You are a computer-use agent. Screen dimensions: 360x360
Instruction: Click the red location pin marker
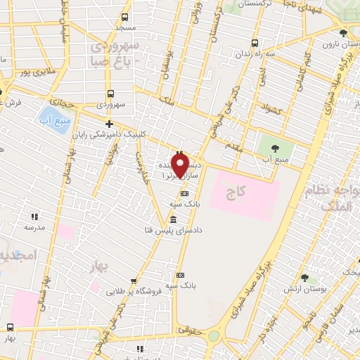tap(180, 165)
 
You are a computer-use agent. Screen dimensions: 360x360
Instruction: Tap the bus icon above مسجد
tap(124, 17)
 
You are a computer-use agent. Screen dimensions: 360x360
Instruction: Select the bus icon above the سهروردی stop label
tap(110, 94)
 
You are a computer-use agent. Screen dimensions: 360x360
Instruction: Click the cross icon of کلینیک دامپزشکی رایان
tap(109, 124)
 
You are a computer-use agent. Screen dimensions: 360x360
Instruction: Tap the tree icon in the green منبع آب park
tap(274, 148)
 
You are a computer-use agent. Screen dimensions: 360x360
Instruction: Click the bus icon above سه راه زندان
tap(254, 41)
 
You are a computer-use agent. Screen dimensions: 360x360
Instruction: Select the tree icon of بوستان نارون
tap(342, 33)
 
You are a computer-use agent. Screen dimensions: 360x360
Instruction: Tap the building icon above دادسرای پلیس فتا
tap(173, 219)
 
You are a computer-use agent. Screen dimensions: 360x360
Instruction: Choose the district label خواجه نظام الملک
tap(330, 198)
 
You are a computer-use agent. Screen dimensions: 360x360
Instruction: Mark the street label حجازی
tap(63, 103)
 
